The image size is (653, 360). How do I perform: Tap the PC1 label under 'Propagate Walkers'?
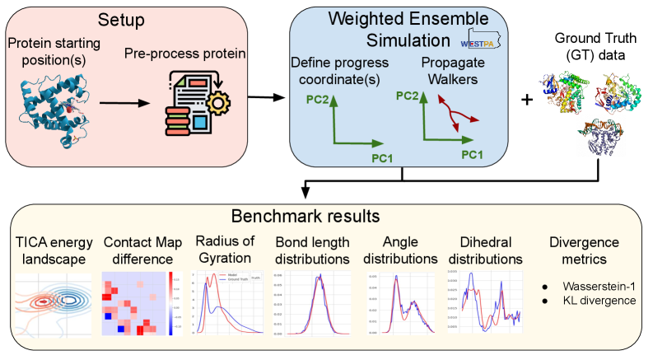pos(471,154)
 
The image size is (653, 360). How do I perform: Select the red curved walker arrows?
pos(452,115)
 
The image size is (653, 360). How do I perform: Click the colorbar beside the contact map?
pos(170,302)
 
